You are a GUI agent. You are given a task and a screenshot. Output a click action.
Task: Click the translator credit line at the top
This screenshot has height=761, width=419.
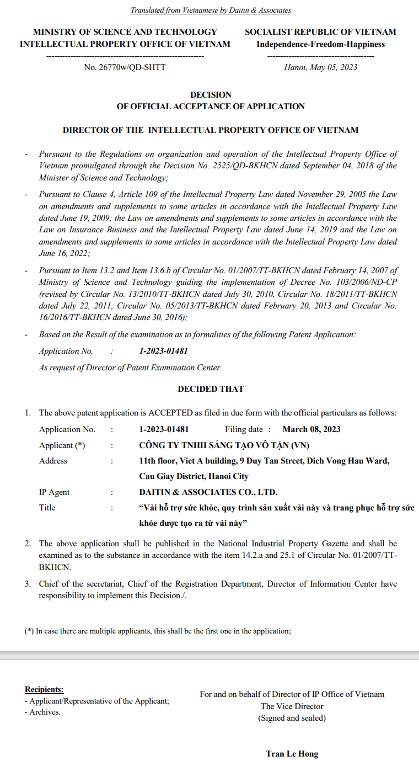(x=210, y=10)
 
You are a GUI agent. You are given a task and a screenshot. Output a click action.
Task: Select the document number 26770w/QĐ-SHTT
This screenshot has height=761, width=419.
(x=125, y=67)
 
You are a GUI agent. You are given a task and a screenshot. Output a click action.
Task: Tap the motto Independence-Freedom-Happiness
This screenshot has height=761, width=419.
(x=320, y=44)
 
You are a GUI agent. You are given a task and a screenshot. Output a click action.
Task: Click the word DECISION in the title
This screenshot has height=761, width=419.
(x=211, y=95)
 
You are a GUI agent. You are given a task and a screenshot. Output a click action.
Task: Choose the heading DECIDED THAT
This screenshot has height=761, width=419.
(x=211, y=389)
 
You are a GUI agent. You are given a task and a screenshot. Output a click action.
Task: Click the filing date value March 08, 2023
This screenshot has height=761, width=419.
(x=311, y=429)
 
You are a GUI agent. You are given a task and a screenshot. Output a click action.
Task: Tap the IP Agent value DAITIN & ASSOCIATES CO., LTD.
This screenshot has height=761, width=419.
(x=208, y=492)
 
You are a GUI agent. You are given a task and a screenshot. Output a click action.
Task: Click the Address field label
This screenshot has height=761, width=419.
(x=53, y=461)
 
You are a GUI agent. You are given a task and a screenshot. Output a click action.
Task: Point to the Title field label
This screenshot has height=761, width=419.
(x=47, y=508)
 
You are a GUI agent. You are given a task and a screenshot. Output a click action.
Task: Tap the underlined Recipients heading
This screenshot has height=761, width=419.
(x=44, y=689)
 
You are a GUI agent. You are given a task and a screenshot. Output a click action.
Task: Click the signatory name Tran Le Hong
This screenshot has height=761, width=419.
(x=292, y=754)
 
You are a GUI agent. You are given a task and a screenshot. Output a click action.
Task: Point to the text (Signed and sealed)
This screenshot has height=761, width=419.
(x=292, y=718)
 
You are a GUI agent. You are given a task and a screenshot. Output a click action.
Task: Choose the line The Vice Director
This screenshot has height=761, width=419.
(x=292, y=706)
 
